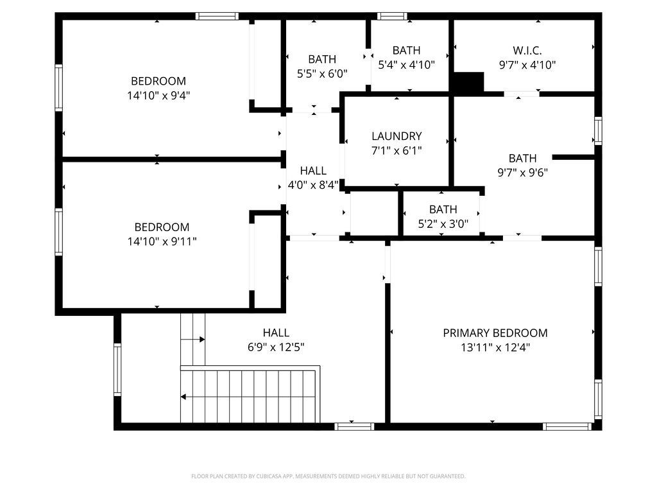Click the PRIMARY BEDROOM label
pos(495,333)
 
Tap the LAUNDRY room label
pos(397,136)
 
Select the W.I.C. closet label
pos(527,51)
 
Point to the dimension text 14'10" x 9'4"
pos(158,96)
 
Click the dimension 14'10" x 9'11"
pos(162,241)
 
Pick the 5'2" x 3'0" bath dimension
pos(443,224)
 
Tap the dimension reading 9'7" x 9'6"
pos(522,173)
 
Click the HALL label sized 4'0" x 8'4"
pos(313,171)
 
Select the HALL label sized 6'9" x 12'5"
pos(276,333)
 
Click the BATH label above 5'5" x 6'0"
pos(322,59)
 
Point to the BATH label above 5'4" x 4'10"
pos(406,50)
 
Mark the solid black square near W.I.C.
pos(468,82)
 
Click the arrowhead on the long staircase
pos(183,397)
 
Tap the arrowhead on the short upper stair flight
pos(202,339)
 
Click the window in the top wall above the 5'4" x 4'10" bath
pos(392,16)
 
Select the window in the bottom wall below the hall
pos(354,426)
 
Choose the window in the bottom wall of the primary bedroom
pos(567,426)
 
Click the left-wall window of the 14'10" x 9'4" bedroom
pos(58,87)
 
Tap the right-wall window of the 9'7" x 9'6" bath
pos(599,131)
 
